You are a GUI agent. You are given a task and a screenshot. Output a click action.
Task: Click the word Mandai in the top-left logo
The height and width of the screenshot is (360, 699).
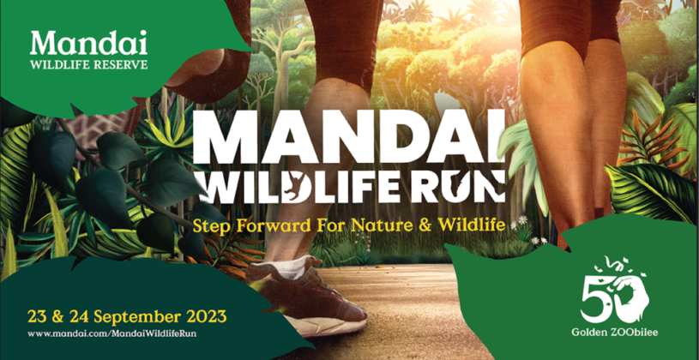pos(88,43)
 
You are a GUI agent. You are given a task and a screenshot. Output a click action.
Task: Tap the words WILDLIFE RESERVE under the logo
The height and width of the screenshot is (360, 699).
pos(88,64)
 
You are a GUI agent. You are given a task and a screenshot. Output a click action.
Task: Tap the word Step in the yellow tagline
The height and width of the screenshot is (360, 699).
pos(210,225)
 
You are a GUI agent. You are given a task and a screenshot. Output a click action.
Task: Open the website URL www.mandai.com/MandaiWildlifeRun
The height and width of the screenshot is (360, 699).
pos(112,333)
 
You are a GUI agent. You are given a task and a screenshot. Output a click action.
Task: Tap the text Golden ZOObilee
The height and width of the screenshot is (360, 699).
pos(615,333)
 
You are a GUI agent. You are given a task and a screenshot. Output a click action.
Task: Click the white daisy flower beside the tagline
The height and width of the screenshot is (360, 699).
pos(522,219)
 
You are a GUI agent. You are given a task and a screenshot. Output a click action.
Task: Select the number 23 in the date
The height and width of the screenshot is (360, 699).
pos(37,317)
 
